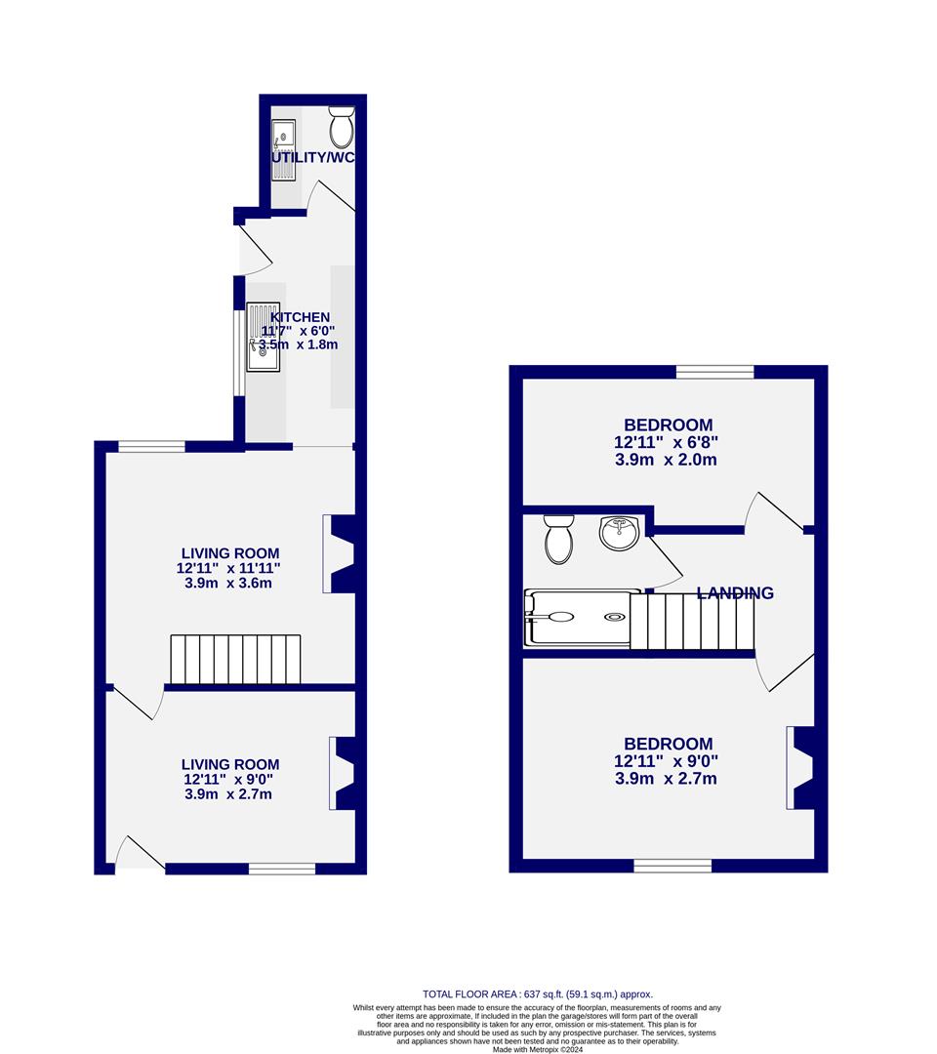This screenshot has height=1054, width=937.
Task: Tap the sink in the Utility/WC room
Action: pos(284,149)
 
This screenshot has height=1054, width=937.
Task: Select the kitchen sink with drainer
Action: pos(262,337)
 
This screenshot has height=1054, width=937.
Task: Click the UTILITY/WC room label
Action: pos(312,157)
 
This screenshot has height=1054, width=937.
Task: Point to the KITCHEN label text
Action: pos(300,317)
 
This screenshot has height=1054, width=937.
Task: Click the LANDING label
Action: pos(735,593)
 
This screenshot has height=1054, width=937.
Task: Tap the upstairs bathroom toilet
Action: pos(559,539)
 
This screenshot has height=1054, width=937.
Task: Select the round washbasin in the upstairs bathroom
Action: pos(619,534)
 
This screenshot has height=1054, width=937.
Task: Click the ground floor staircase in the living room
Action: pos(235,660)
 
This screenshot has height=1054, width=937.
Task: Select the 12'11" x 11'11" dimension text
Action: pos(229,567)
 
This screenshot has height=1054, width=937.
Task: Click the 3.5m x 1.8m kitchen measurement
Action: pos(298,345)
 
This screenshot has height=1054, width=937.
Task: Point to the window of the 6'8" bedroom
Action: pos(715,372)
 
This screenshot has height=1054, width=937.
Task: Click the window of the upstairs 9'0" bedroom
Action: pos(672,866)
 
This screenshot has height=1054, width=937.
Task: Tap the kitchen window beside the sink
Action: pos(237,353)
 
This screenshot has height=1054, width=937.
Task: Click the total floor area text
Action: pos(537,993)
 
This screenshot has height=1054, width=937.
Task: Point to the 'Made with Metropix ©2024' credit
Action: pos(536,1049)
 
